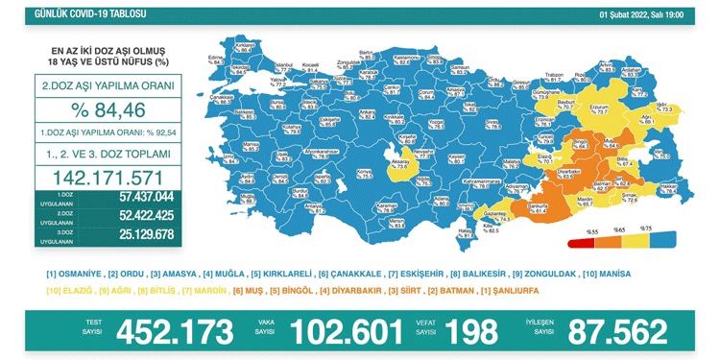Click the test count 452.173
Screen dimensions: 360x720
click(x=174, y=331)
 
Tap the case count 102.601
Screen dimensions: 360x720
click(x=346, y=331)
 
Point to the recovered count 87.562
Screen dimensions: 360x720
click(x=617, y=331)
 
